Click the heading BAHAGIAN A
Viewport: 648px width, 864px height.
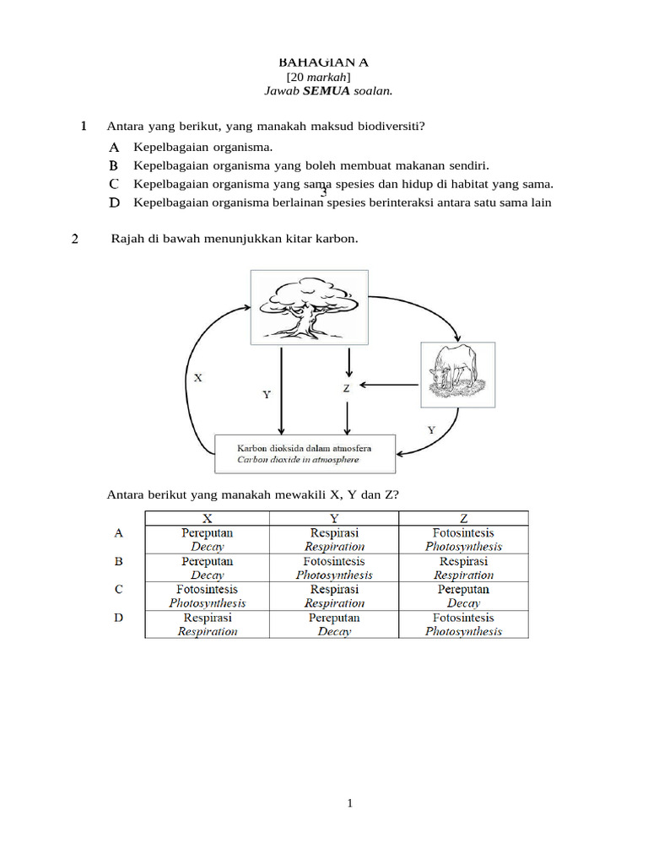coord(324,62)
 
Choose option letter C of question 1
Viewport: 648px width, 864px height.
coord(114,184)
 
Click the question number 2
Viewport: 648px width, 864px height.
coord(75,240)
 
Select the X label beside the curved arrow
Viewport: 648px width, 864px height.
coord(198,378)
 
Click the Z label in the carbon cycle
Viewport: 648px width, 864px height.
coord(346,388)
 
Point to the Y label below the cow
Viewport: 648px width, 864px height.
coord(431,429)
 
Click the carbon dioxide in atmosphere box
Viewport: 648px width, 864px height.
coord(305,454)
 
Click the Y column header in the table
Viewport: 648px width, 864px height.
coord(334,518)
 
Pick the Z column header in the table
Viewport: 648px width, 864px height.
coord(463,518)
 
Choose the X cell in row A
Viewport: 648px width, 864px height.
coord(207,540)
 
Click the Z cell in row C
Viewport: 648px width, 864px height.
coord(463,596)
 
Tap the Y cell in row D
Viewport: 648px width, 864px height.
coord(334,624)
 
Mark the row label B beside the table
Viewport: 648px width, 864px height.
coord(119,561)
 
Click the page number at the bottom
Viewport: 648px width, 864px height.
coord(349,804)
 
